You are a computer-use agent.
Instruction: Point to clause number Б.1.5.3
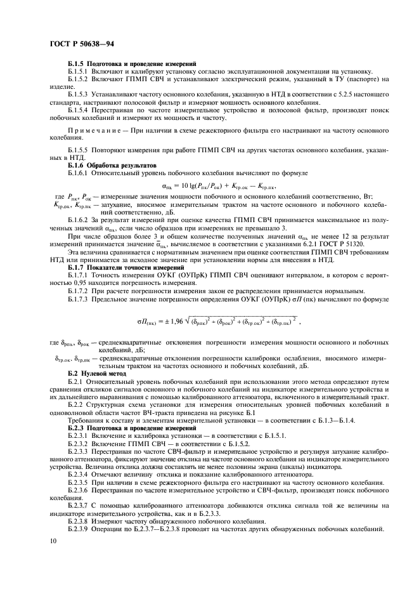point(81,94)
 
